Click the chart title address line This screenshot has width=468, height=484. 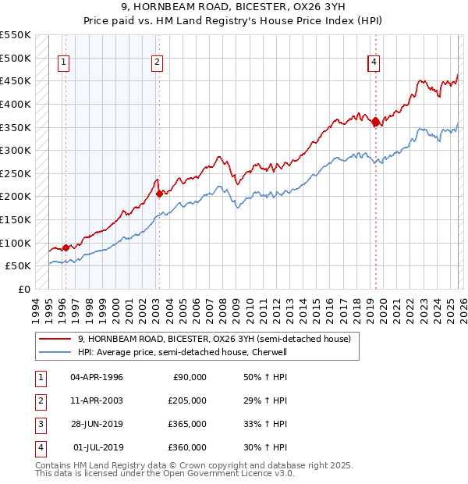click(x=234, y=7)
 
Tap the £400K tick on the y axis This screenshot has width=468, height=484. click(x=16, y=104)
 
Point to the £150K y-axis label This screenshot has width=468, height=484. click(x=16, y=219)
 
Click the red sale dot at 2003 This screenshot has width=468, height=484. click(x=159, y=194)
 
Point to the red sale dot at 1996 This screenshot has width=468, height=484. click(x=66, y=247)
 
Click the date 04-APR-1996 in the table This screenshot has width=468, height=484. click(x=97, y=377)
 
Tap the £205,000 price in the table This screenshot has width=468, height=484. click(x=187, y=400)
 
